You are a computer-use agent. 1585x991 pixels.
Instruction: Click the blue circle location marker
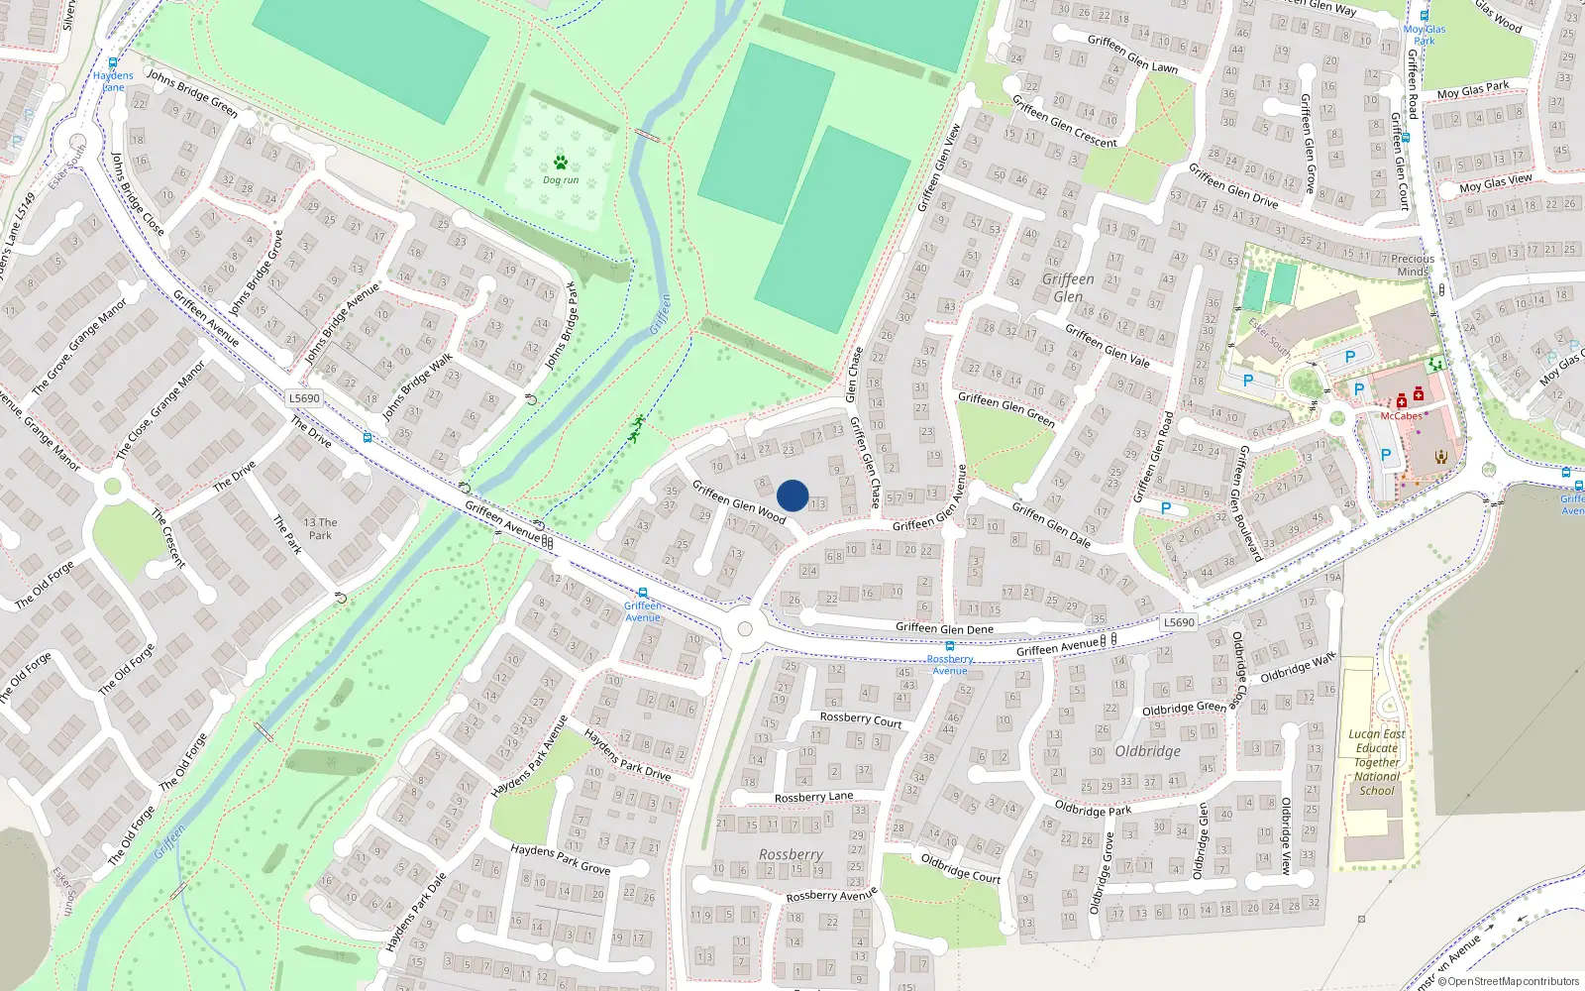click(x=792, y=495)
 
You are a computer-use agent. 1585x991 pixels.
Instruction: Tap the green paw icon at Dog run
click(x=561, y=163)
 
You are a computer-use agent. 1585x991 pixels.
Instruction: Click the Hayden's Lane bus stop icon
click(x=113, y=63)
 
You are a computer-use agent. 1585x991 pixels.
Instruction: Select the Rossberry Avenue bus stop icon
click(x=950, y=646)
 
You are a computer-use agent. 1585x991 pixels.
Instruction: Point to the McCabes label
click(x=1401, y=416)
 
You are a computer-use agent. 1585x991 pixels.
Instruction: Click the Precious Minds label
click(x=1413, y=265)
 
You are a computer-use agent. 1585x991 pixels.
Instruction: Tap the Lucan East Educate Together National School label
click(x=1377, y=762)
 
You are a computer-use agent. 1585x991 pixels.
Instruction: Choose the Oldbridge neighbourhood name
click(x=1147, y=751)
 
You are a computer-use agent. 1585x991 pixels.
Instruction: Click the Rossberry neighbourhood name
click(x=791, y=854)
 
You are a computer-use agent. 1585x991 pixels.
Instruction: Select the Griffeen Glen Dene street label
click(x=944, y=628)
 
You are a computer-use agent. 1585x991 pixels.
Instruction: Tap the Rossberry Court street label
click(x=861, y=719)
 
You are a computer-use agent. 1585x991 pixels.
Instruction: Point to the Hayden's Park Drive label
click(x=627, y=755)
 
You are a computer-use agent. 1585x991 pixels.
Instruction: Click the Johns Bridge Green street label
click(x=192, y=93)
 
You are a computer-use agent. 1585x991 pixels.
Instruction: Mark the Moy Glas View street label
click(x=1495, y=184)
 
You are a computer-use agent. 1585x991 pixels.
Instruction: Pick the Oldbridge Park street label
click(x=1093, y=810)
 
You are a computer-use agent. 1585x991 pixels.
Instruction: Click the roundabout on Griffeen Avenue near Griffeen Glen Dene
click(x=745, y=629)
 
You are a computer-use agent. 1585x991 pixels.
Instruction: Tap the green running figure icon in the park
click(x=636, y=428)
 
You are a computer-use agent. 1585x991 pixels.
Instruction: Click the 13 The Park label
click(x=320, y=528)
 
